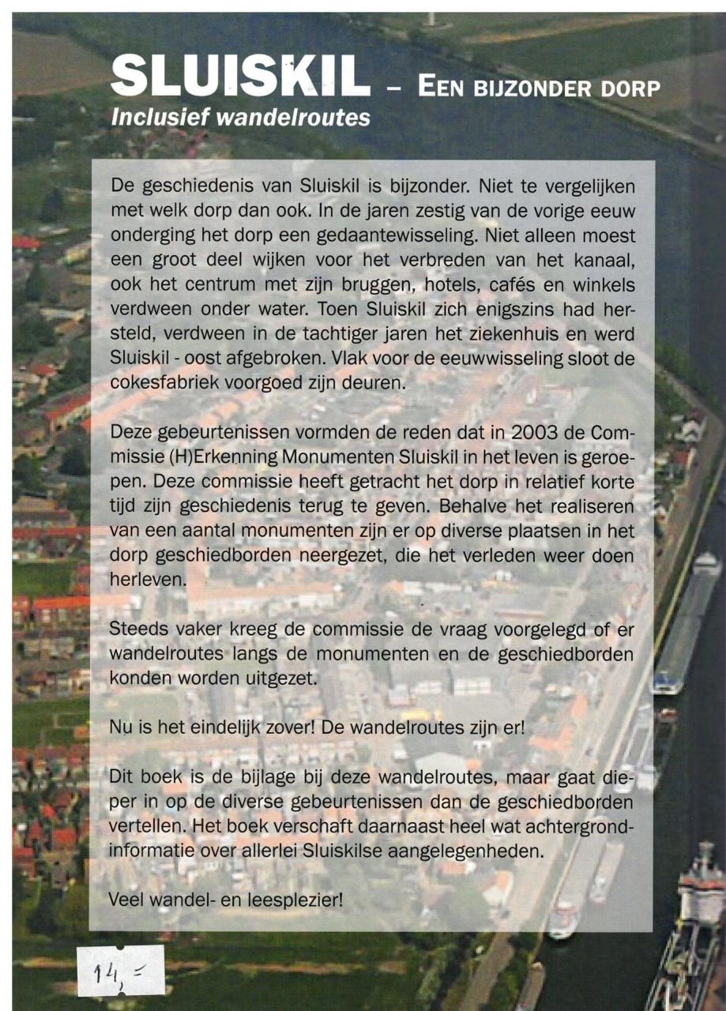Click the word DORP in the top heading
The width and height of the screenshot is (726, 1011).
point(630,87)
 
